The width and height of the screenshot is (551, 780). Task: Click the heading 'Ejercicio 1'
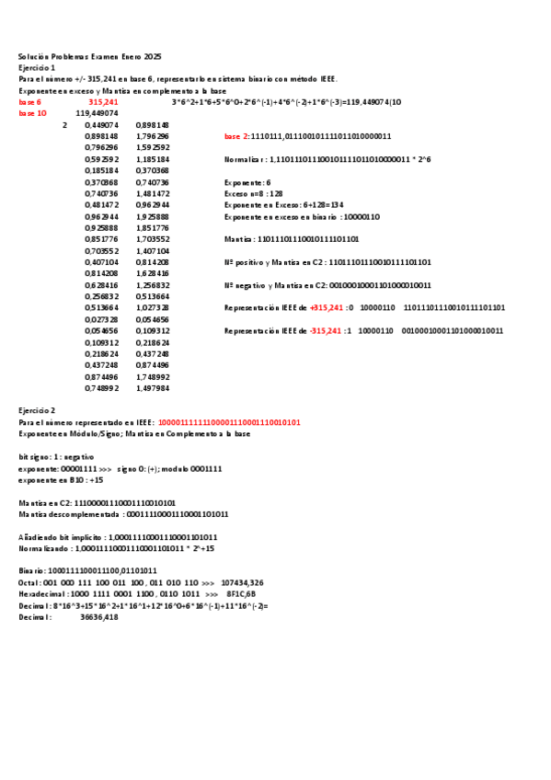[37, 68]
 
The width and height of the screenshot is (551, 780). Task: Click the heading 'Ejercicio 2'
[37, 410]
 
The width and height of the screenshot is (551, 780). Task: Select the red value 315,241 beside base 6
[103, 102]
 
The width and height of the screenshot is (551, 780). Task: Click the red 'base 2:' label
[236, 136]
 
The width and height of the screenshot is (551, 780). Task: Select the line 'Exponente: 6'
[247, 182]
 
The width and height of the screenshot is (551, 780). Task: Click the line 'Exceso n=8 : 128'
[254, 193]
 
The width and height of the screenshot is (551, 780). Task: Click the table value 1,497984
[152, 388]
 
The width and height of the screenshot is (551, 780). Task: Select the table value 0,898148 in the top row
[152, 125]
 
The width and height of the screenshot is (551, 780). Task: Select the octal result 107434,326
[243, 582]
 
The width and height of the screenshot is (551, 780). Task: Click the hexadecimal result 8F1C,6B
[241, 594]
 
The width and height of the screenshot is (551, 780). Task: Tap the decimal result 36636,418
[99, 617]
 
